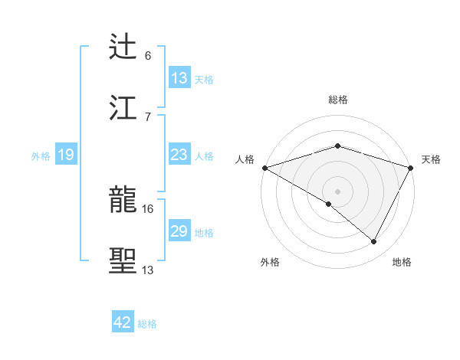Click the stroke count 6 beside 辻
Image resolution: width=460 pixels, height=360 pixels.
click(147, 56)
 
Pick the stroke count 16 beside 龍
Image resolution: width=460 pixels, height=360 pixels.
click(147, 208)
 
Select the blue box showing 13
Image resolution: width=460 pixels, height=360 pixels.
click(179, 78)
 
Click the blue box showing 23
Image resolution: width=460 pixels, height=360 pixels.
click(179, 155)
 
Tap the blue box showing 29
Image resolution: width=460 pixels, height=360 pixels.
click(179, 231)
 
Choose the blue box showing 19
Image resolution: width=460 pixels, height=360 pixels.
click(65, 155)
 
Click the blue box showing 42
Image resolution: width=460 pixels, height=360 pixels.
click(122, 322)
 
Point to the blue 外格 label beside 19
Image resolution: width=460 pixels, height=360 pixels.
click(41, 156)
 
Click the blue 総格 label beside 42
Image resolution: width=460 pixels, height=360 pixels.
click(147, 324)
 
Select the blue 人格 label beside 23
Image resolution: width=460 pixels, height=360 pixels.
click(204, 156)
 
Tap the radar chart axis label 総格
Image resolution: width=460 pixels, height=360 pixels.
click(337, 100)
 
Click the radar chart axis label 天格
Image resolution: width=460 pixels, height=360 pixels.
click(431, 159)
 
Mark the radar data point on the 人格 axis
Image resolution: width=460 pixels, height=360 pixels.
click(264, 168)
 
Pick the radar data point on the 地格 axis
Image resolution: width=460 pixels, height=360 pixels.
click(374, 242)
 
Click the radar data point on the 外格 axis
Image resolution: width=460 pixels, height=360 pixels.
click(329, 204)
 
